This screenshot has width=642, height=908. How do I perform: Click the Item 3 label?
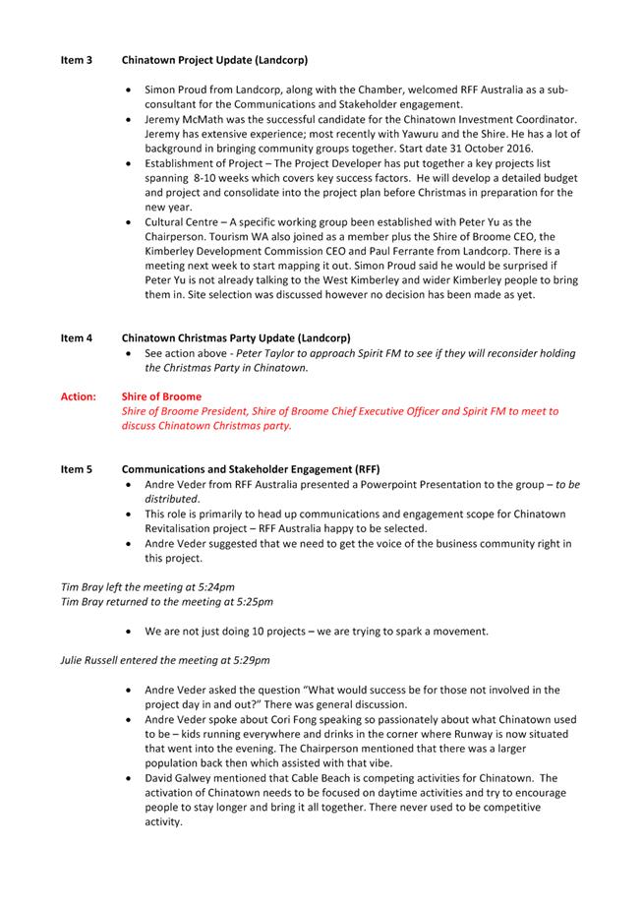[x=77, y=60]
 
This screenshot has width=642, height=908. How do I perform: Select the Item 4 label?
[x=77, y=338]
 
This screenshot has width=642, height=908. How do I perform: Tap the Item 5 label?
[x=77, y=470]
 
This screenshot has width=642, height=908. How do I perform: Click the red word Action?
[x=79, y=396]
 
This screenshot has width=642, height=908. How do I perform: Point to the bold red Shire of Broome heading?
[x=161, y=396]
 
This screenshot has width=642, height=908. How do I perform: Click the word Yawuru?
[x=425, y=134]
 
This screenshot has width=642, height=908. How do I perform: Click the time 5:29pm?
[x=248, y=659]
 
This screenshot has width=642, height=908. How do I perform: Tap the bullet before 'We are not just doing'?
[x=131, y=632]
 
